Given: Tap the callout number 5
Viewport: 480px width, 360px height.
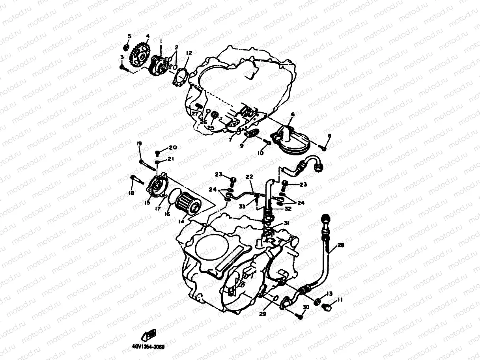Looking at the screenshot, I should pos(129,37).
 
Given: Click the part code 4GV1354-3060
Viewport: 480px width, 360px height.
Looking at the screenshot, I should pos(148,347).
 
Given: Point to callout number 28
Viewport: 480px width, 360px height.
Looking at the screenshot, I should pos(341,245).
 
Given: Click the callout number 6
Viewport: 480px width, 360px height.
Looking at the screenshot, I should pos(292,114).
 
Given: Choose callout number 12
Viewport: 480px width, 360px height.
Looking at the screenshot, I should pos(189,53).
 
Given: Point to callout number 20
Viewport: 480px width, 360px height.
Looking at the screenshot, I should pos(173,148).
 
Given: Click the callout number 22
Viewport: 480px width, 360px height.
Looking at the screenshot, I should pos(249,176).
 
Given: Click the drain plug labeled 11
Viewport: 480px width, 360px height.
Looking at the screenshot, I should pos(326,307).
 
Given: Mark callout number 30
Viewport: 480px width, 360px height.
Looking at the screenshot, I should pos(306,307).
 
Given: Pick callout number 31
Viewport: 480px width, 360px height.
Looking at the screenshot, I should pos(286,223).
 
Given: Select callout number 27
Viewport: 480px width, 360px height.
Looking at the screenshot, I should pos(194,114).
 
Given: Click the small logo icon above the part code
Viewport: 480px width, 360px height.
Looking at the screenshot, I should pos(149,334).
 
